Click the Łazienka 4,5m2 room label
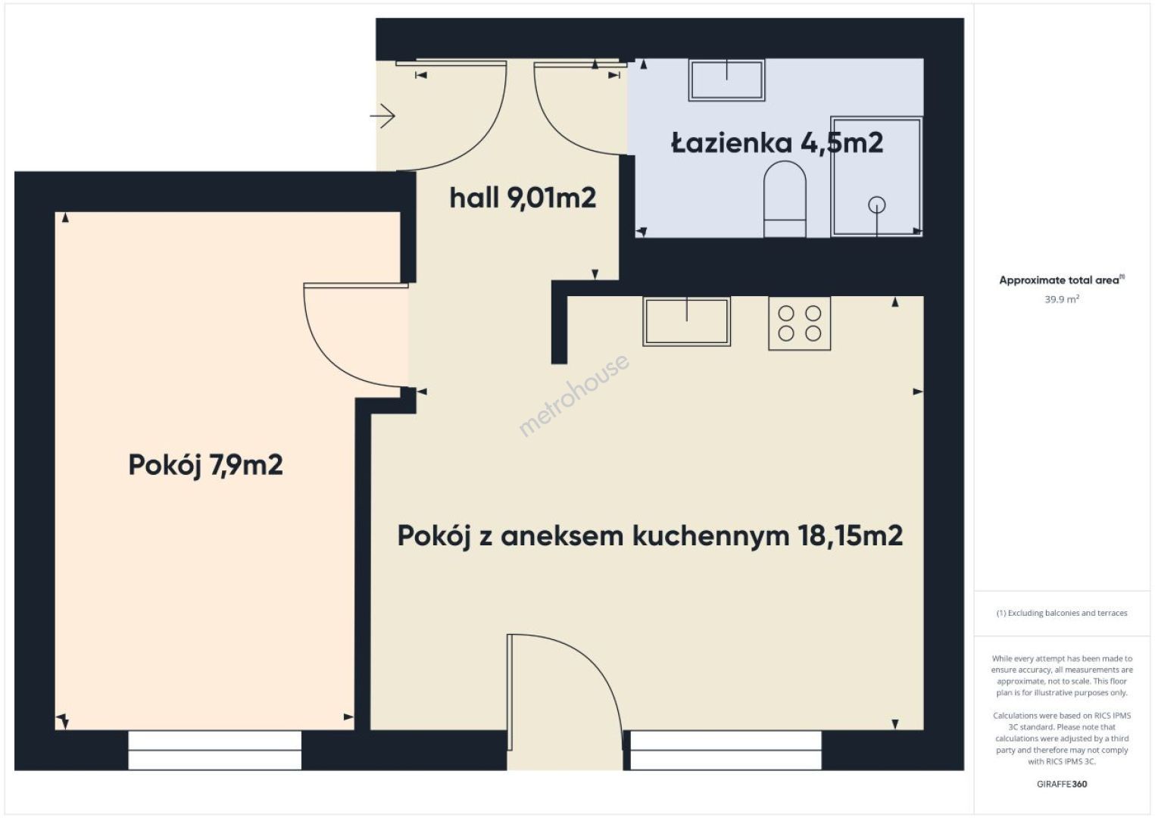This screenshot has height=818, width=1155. coord(777,143)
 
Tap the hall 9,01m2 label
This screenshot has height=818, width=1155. coord(523,198)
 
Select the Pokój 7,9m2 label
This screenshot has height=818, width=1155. coord(205,465)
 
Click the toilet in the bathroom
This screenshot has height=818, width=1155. coord(785,199)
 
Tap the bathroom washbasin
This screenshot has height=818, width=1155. coord(727,80)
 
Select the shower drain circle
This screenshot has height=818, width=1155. coord(876,204)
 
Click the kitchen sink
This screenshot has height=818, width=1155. coord(686,321)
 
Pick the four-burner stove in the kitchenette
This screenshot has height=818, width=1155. coord(799,323)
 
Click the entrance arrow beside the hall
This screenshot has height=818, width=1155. coord(382,116)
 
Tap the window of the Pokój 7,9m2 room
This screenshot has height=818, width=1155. coord(214,750)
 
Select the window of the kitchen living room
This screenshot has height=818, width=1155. coord(726,750)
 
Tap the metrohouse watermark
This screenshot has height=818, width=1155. coord(574,395)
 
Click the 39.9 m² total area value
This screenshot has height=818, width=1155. coord(1062,298)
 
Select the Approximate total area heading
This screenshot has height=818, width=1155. coord(1062,280)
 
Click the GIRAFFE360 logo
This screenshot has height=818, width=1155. coord(1062,784)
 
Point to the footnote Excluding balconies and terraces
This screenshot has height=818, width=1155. coord(1062,613)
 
